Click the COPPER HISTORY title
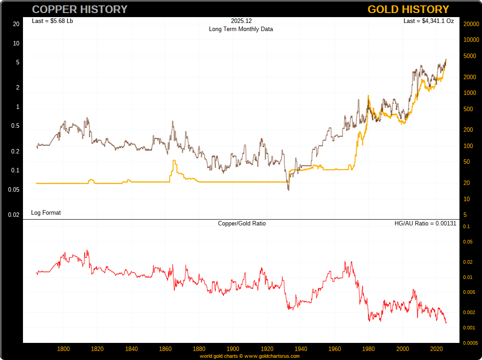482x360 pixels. point(80,9)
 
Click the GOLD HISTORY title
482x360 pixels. point(408,9)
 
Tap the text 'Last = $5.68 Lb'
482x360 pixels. point(53,21)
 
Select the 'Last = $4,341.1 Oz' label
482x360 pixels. point(428,21)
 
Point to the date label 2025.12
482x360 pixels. point(241,21)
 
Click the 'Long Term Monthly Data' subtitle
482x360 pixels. point(241,29)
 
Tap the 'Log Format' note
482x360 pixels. point(46,212)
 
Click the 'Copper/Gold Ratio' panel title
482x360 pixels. point(242,223)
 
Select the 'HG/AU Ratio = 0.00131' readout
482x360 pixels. point(425,223)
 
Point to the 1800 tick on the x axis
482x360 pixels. point(64,349)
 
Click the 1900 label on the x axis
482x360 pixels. point(233,349)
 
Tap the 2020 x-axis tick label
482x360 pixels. point(436,349)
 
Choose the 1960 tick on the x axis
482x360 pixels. point(335,349)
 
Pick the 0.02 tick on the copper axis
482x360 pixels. point(14,215)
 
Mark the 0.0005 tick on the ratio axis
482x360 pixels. point(469,343)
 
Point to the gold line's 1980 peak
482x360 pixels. point(368,96)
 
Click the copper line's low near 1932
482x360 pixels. point(288,190)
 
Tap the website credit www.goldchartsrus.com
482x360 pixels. point(272,356)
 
